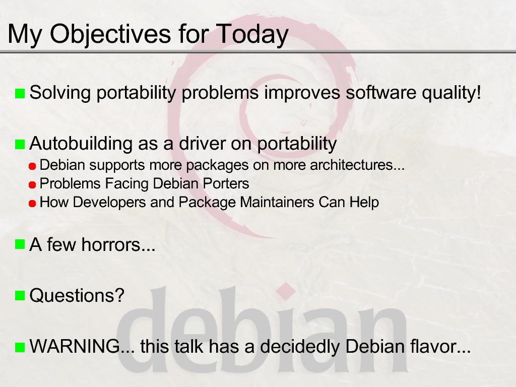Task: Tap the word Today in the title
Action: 252,34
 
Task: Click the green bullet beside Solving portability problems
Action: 20,93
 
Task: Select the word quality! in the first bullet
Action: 451,93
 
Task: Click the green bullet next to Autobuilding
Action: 20,144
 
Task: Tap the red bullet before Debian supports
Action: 32,166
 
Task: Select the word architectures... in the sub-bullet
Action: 357,165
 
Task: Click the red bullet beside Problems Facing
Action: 32,185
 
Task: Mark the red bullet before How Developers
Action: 32,204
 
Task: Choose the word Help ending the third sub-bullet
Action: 364,202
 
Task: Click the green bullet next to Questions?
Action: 20,296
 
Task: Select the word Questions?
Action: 77,295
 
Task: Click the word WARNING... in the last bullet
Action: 82,346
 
